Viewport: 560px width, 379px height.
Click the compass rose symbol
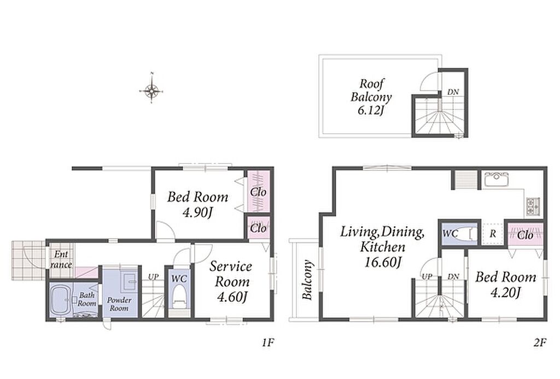click(151, 91)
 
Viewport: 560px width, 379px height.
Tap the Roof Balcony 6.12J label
click(371, 97)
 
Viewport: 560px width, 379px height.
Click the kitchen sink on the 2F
click(497, 180)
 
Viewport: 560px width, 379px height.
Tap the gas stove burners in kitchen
click(534, 206)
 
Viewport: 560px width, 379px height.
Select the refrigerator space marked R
click(493, 234)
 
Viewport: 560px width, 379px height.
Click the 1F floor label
click(267, 343)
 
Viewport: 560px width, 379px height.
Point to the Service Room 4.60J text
click(231, 282)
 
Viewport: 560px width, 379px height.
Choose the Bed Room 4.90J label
click(197, 205)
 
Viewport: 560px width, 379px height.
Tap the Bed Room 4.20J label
click(505, 285)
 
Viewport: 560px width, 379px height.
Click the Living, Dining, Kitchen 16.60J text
click(382, 247)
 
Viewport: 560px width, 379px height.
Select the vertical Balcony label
click(307, 280)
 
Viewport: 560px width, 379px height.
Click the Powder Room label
click(119, 304)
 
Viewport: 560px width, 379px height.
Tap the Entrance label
click(61, 259)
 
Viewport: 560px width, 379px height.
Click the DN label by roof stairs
click(453, 92)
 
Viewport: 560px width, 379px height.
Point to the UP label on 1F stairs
click(153, 277)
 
